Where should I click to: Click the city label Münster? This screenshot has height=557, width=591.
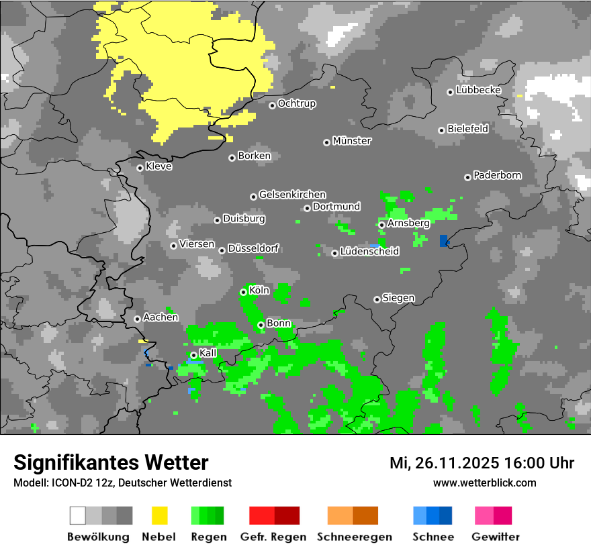pos(352,141)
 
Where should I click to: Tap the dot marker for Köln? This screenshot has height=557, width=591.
pos(243,292)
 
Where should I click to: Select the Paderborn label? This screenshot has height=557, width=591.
pos(497,176)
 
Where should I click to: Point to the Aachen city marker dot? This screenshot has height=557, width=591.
pos(137,319)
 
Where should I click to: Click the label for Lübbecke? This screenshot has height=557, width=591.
pos(478,90)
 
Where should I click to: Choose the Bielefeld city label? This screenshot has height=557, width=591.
pos(467,129)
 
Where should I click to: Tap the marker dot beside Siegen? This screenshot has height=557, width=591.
pos(377,299)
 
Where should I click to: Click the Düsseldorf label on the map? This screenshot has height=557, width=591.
pos(253,249)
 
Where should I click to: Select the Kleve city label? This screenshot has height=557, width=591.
pos(158,166)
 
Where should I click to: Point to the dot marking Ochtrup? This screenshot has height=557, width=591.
pos(272,105)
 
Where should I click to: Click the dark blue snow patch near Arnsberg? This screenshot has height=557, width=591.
pos(443,241)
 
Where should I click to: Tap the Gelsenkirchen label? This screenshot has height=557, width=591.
pos(292,195)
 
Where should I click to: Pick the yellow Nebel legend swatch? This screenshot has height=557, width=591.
pos(159,515)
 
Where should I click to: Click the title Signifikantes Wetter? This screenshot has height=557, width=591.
pos(111,463)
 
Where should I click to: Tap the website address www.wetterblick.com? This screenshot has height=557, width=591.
pos(484,483)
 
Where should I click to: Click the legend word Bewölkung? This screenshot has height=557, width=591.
pos(98,537)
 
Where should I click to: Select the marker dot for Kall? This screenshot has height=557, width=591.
pos(193,355)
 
